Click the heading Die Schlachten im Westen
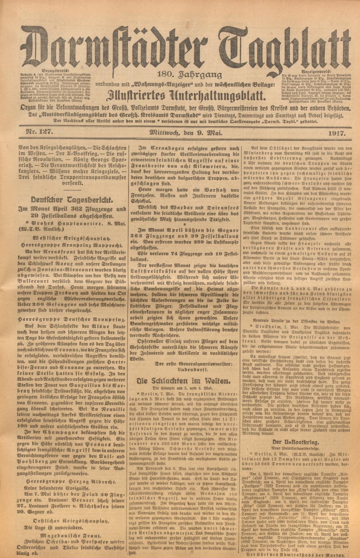coord(185,381)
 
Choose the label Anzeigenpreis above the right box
coord(314,71)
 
